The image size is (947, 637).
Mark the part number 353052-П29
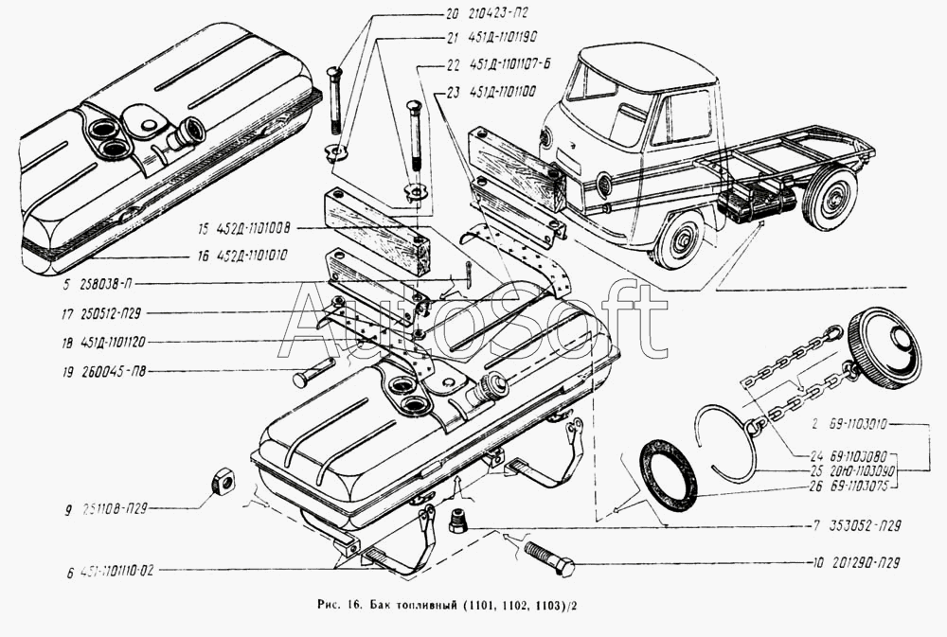click(x=860, y=524)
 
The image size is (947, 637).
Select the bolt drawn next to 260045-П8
click(x=313, y=374)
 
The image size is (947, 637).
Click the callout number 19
click(x=69, y=372)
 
